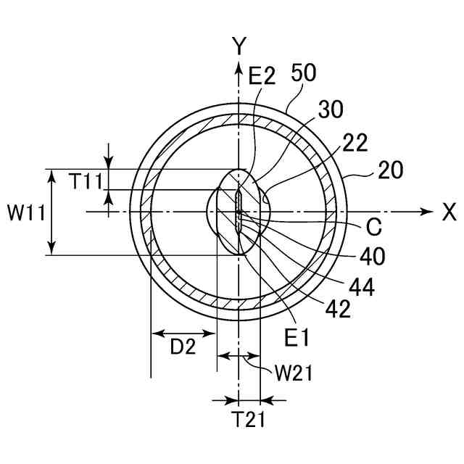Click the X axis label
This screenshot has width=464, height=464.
449,212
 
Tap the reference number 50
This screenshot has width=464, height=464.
305,74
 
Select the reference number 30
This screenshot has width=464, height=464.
330,108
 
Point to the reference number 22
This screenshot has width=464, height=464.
356,144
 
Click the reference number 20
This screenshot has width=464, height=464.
390,171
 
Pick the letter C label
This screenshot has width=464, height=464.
373,228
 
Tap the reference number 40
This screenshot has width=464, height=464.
372,255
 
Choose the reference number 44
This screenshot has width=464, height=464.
360,288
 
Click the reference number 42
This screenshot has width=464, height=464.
337,309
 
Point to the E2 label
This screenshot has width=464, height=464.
261,75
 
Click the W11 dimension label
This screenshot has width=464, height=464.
26,212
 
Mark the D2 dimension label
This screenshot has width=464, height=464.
183,347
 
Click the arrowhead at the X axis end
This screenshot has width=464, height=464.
426,212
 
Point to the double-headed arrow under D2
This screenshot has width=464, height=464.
183,333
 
